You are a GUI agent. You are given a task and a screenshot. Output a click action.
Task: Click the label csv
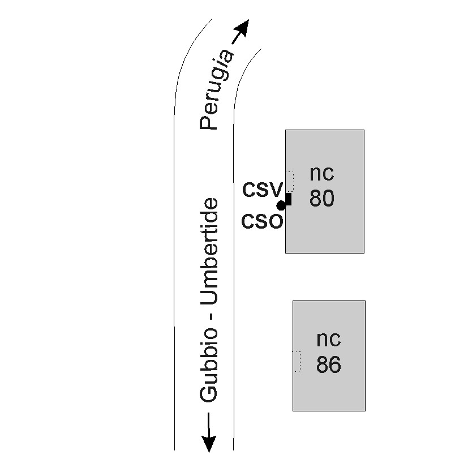click(x=262, y=188)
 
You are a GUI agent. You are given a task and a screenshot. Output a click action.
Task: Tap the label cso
click(x=261, y=221)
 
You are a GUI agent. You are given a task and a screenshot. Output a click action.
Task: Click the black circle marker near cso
click(x=281, y=205)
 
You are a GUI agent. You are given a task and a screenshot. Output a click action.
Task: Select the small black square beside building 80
click(x=288, y=199)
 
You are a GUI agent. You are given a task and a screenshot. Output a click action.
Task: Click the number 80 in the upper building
click(x=321, y=198)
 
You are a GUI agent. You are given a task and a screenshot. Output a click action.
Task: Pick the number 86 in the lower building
click(x=328, y=364)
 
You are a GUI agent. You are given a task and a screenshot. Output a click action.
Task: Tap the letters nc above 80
click(x=321, y=173)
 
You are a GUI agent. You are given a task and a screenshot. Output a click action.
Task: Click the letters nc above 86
click(x=328, y=338)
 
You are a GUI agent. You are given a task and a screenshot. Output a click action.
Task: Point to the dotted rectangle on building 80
click(x=290, y=181)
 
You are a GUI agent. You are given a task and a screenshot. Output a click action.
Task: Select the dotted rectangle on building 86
click(x=297, y=362)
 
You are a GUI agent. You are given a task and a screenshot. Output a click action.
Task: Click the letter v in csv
click(x=275, y=188)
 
